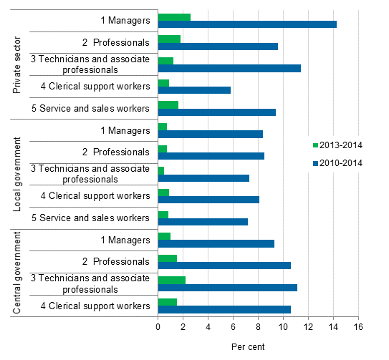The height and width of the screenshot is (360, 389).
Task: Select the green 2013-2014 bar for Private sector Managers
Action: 174,16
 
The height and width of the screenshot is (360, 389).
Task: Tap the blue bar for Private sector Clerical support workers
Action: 194,90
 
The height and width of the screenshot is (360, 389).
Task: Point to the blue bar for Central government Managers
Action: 216,243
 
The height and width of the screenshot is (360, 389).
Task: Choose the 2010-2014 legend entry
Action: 337,162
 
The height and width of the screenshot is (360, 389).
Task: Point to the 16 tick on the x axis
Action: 357,326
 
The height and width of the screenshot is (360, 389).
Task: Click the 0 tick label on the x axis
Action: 158,326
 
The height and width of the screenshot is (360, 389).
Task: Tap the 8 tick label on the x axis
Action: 258,326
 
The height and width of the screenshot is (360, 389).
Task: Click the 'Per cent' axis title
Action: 248,347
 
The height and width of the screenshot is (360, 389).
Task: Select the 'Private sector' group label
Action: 17,64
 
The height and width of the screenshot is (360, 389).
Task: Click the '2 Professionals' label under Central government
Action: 115,261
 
